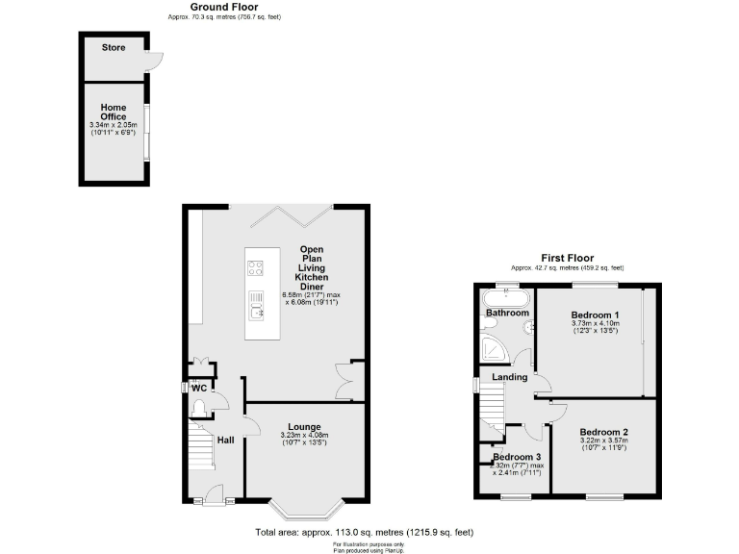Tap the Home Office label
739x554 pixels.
click(114, 113)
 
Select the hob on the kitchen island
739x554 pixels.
click(256, 268)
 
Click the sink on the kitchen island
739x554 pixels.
click(256, 305)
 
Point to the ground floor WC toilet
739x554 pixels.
click(199, 409)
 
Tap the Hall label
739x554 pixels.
click(225, 441)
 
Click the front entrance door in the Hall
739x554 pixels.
click(208, 498)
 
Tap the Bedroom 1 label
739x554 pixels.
click(595, 315)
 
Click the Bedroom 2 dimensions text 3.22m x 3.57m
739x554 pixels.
click(605, 441)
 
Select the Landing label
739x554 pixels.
click(508, 377)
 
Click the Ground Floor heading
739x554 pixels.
click(209, 7)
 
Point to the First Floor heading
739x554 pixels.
click(566, 259)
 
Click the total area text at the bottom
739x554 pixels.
click(363, 532)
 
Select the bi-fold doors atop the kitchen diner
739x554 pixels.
click(290, 215)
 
